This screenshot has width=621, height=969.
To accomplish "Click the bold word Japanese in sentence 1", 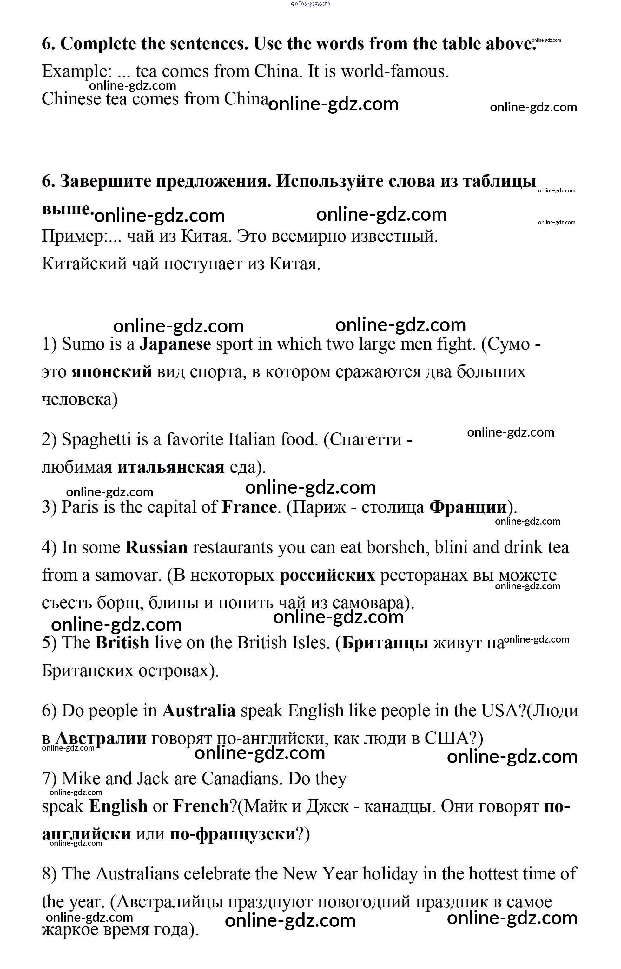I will [175, 344].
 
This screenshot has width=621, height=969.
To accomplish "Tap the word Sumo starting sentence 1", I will [83, 344].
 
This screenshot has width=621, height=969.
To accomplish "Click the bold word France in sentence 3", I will [249, 507].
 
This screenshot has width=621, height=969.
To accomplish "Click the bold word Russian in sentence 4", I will [156, 547].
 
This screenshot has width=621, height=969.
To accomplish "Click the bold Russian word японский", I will [112, 371].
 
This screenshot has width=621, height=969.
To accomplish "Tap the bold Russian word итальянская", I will [171, 467].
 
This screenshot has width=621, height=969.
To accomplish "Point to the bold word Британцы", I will [385, 643].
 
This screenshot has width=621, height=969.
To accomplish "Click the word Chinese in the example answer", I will [71, 99].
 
